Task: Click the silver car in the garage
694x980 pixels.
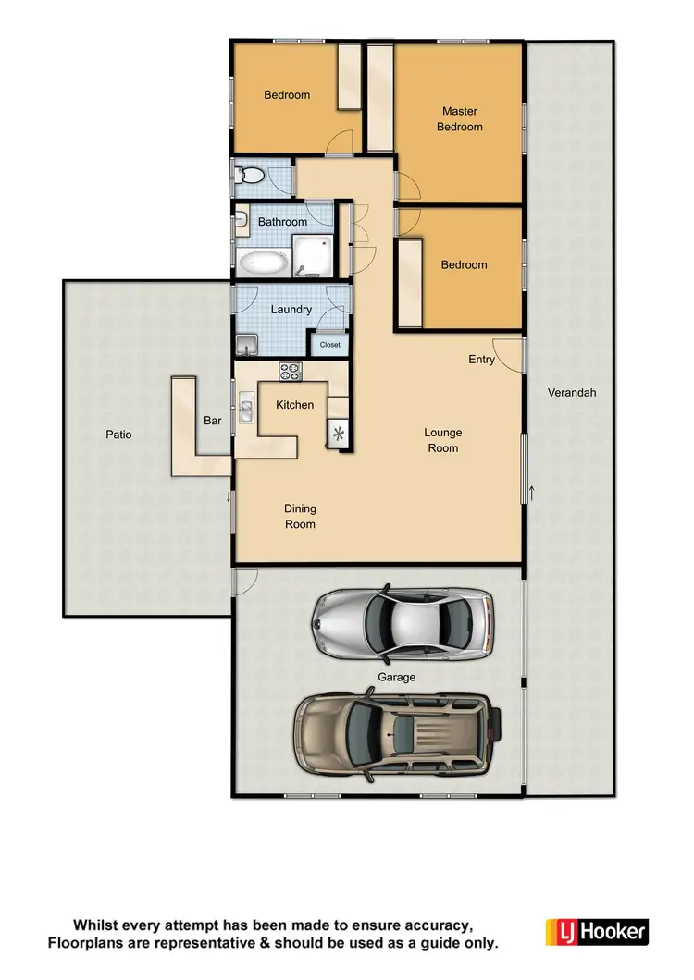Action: click(403, 619)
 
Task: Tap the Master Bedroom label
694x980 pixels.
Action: click(460, 119)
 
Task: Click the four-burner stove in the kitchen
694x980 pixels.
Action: click(291, 373)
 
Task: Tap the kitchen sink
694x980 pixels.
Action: click(247, 408)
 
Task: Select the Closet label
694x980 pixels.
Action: click(329, 345)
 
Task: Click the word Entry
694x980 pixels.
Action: click(481, 360)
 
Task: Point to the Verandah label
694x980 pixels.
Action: click(572, 392)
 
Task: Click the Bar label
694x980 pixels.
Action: click(212, 421)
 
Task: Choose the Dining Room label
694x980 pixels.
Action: click(300, 517)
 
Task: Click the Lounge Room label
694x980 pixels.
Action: click(442, 440)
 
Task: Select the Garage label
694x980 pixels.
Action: click(396, 677)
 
